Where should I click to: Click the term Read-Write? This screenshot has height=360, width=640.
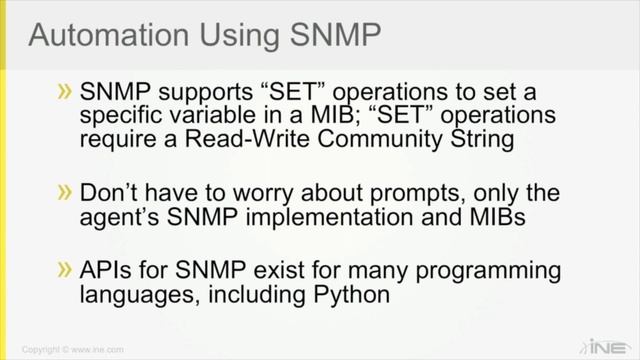(x=235, y=138)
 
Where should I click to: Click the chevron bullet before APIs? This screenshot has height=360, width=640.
(x=65, y=269)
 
